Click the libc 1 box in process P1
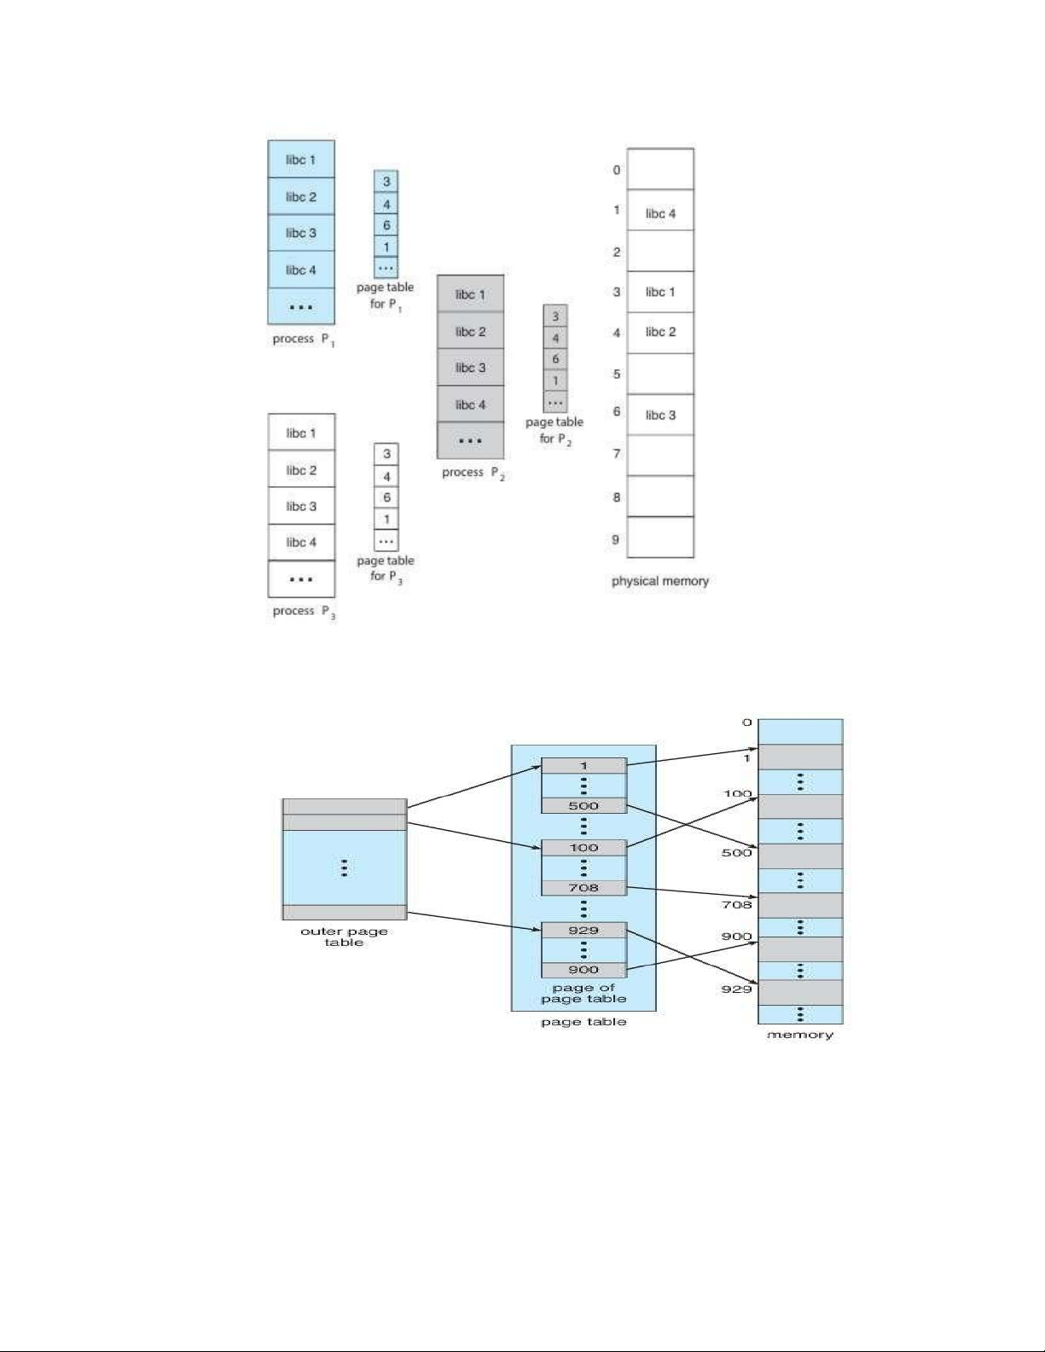(x=301, y=160)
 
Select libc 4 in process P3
(x=301, y=543)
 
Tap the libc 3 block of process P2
(x=470, y=368)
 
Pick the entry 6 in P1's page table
(x=386, y=225)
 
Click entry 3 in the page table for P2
(x=555, y=316)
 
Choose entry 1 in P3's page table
(x=386, y=519)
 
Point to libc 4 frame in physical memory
(x=660, y=213)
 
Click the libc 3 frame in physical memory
(x=660, y=415)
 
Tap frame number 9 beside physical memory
(x=616, y=539)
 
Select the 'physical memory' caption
(x=660, y=581)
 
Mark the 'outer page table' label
(x=344, y=937)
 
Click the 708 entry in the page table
(x=583, y=888)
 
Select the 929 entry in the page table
(x=583, y=931)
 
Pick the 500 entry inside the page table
(x=583, y=806)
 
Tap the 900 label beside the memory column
(x=737, y=937)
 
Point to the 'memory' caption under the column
(x=800, y=1035)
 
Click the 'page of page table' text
(x=583, y=993)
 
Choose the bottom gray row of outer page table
(x=344, y=912)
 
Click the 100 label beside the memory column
(x=737, y=794)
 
